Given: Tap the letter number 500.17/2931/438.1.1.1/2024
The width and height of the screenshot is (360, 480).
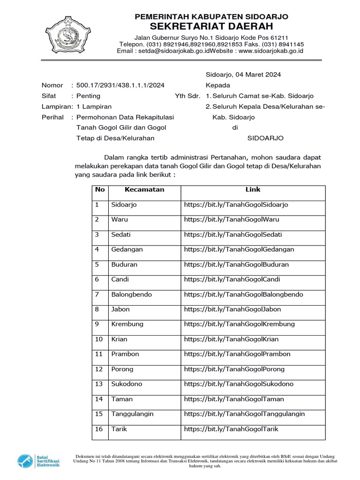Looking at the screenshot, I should tap(120, 85).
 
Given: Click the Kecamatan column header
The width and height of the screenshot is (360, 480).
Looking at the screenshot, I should tap(144, 190).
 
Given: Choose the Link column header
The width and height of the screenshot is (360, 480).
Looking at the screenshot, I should tap(253, 190).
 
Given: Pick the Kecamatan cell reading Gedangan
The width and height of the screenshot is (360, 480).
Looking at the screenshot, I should tap(127, 249).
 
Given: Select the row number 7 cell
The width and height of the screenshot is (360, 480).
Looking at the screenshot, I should tap(97, 294).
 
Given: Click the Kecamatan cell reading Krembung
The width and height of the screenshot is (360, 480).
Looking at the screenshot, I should tap(127, 324).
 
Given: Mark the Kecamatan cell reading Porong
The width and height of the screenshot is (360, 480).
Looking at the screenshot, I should tap(122, 369).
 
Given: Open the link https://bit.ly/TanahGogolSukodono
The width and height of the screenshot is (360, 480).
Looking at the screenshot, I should tap(239, 384).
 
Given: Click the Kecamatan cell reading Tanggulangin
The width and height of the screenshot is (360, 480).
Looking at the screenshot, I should tap(133, 414).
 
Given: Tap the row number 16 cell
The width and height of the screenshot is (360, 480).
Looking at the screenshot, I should tap(99, 429).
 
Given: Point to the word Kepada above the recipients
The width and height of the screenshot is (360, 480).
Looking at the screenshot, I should tap(218, 85).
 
